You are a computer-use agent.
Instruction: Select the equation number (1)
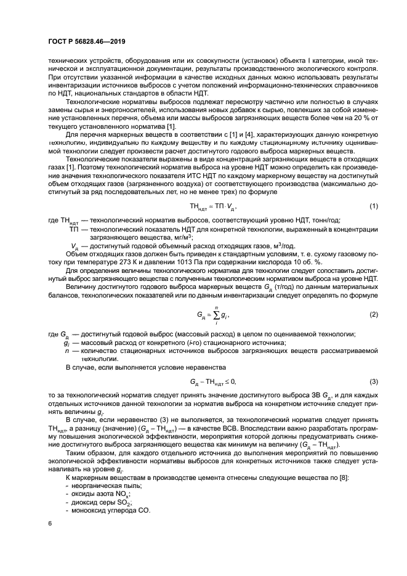pyautogui.click(x=373, y=205)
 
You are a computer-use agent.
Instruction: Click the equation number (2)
pyautogui.click(x=373, y=315)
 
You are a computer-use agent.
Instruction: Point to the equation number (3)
pyautogui.click(x=373, y=382)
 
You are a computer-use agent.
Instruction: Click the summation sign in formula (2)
pyautogui.click(x=216, y=315)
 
